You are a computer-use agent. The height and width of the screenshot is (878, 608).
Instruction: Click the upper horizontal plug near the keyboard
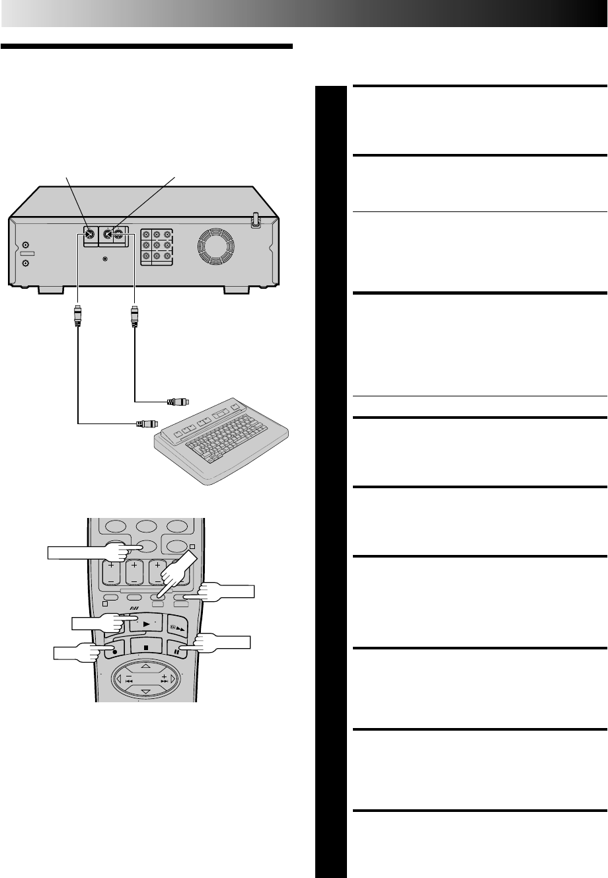[x=177, y=401]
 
